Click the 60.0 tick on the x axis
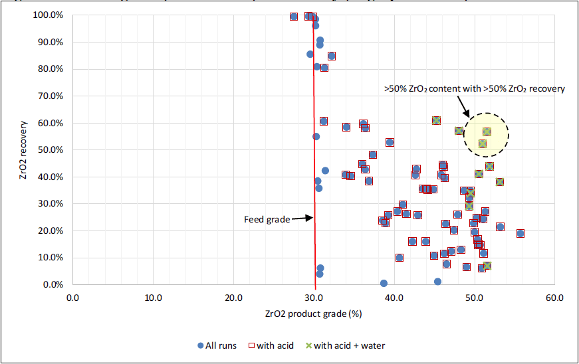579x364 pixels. [x=554, y=297]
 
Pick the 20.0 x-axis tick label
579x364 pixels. [x=233, y=297]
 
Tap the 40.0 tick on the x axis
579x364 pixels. [x=394, y=297]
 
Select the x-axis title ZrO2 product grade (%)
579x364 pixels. [x=313, y=313]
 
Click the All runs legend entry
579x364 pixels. [x=217, y=345]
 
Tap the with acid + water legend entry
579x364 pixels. [x=344, y=345]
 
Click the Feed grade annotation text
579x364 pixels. [x=267, y=219]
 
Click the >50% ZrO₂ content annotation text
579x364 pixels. [x=474, y=88]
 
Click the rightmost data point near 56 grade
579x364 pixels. [x=521, y=233]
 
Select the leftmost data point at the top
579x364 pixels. [x=294, y=16]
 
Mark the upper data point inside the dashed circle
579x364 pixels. [x=487, y=132]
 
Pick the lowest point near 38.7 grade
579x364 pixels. [x=384, y=283]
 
